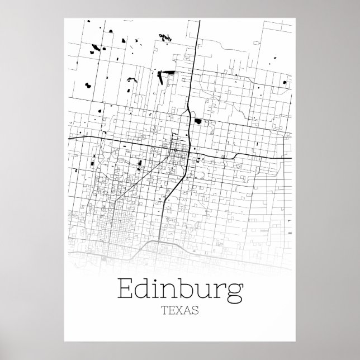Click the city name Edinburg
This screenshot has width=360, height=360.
(x=180, y=290)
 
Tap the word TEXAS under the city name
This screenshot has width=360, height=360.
(x=181, y=311)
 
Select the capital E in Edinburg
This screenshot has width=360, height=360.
(x=126, y=290)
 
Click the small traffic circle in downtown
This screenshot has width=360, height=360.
(x=175, y=150)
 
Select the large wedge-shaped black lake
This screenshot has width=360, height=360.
(x=166, y=73)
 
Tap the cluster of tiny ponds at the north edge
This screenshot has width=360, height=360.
(x=164, y=37)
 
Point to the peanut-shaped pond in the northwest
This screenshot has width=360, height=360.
(x=88, y=85)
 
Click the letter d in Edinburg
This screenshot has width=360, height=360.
(x=146, y=289)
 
